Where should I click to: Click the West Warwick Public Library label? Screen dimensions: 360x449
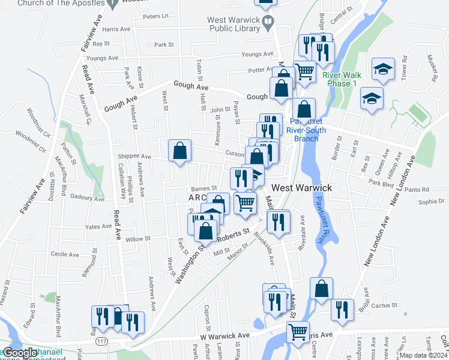click(233, 24)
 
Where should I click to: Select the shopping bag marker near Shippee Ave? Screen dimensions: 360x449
click(179, 152)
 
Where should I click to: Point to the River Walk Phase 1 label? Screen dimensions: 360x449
click(339, 79)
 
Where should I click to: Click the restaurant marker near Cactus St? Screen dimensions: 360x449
click(342, 310)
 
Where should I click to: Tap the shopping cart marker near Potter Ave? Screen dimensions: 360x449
click(305, 72)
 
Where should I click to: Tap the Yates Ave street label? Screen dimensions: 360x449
click(100, 227)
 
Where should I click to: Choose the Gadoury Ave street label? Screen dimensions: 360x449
click(88, 197)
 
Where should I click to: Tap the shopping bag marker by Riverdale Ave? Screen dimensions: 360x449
click(322, 289)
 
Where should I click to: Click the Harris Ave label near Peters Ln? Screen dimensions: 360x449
click(116, 29)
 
